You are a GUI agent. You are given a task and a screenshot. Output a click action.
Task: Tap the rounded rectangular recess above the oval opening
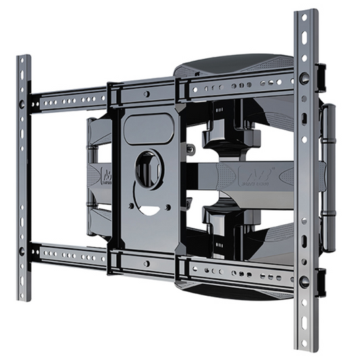148,128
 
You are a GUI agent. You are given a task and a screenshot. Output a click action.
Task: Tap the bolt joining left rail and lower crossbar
24,251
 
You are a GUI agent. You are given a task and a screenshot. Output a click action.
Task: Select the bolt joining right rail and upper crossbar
305,78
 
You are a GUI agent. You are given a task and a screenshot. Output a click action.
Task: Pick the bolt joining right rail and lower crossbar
305,279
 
